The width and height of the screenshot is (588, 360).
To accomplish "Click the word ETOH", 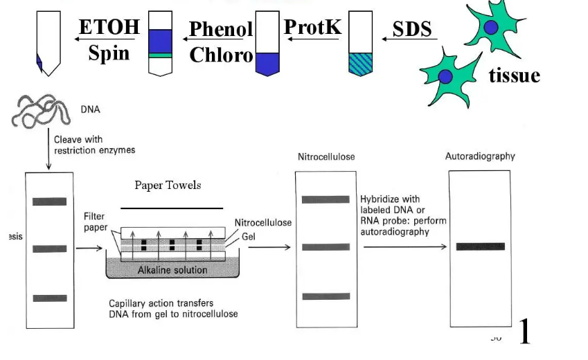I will [x=109, y=28].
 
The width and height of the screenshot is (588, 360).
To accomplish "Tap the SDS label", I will [x=412, y=29].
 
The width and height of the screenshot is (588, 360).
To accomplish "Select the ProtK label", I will [x=312, y=27].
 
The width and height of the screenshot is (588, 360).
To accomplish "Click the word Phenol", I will [x=221, y=29].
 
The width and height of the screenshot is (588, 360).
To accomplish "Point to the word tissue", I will [x=514, y=75].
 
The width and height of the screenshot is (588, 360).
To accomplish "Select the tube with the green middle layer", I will [x=160, y=44].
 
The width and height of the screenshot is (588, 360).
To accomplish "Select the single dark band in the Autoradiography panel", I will [x=479, y=246].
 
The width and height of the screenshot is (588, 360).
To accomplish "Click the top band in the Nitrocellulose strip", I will [x=326, y=199].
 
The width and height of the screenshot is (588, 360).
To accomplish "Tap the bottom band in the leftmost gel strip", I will [x=49, y=298].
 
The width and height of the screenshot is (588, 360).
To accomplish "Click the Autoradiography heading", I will [x=480, y=156].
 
